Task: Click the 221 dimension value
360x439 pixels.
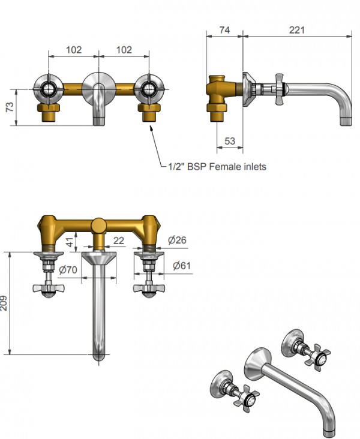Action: click(x=296, y=30)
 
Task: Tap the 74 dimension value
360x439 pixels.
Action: click(x=224, y=30)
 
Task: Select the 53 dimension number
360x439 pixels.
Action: click(x=230, y=141)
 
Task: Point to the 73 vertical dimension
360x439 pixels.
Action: click(x=10, y=107)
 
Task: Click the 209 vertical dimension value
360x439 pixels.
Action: click(x=4, y=303)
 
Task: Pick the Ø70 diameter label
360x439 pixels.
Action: click(x=68, y=270)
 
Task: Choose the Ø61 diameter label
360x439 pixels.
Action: click(x=182, y=266)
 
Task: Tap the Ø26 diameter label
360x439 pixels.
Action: click(x=177, y=240)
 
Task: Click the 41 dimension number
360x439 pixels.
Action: click(x=70, y=242)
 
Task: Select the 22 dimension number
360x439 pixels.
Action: click(x=119, y=240)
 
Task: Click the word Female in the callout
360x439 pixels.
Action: click(x=223, y=167)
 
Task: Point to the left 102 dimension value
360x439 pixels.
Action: click(x=74, y=50)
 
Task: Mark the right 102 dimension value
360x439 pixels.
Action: click(x=124, y=50)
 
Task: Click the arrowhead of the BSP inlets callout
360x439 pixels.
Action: click(x=152, y=128)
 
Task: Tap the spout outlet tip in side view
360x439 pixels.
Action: click(x=346, y=121)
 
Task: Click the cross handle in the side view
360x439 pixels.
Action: click(x=280, y=89)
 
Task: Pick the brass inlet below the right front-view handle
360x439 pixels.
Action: click(x=149, y=113)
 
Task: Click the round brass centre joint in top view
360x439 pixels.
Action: click(x=99, y=225)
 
